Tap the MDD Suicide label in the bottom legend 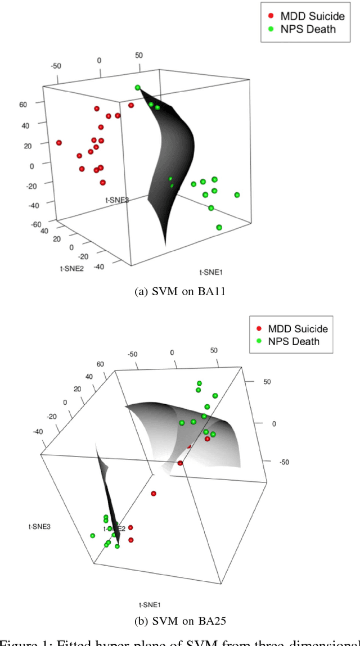point(298,328)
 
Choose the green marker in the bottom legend point(259,341)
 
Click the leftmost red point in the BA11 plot point(58,143)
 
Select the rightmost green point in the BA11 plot point(237,195)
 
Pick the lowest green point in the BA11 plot point(219,227)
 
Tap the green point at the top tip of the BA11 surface point(138,87)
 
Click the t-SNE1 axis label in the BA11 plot point(211,272)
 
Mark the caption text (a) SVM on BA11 point(179,291)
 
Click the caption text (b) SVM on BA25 point(179,621)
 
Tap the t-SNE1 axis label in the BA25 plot point(150,604)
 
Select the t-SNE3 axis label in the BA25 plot point(39,526)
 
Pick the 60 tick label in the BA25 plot point(101,364)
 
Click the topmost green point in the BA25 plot point(199,383)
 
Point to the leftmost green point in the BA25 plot point(93,535)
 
